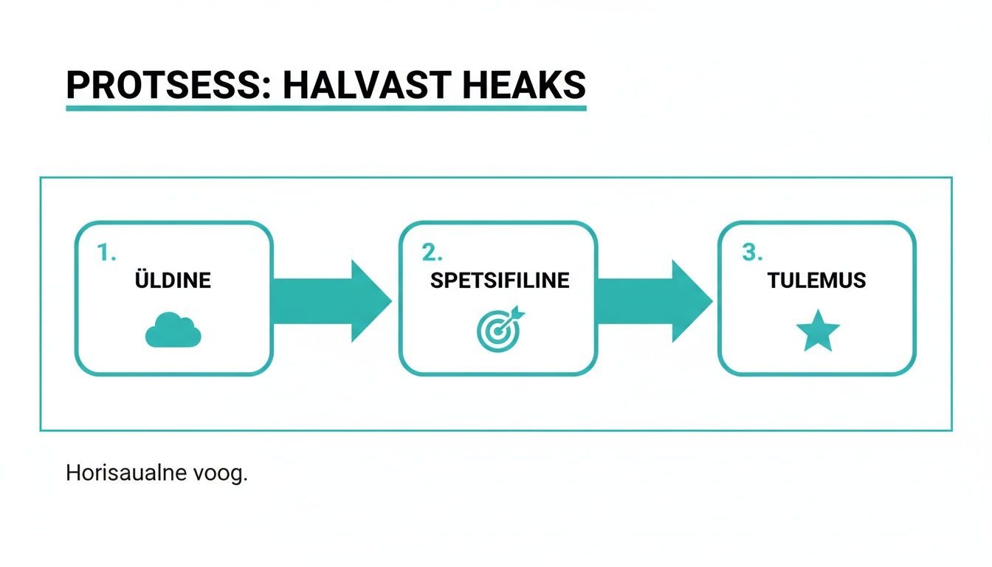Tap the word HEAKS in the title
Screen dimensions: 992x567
tap(523, 84)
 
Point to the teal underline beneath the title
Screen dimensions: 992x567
tap(326, 108)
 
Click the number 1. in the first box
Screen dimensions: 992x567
tap(106, 253)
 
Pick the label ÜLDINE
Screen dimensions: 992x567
tap(173, 280)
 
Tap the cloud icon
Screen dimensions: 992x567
tap(173, 329)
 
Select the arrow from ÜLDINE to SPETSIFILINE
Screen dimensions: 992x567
tap(331, 301)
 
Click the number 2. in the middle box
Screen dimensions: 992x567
tap(432, 253)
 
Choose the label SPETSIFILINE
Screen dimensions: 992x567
tap(500, 281)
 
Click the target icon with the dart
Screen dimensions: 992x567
tap(500, 329)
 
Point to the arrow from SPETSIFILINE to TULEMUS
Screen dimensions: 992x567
tap(655, 301)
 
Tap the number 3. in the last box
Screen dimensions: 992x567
tap(752, 253)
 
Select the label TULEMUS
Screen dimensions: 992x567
tap(816, 281)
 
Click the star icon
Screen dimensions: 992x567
tap(818, 331)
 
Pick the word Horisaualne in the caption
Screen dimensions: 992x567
tap(126, 472)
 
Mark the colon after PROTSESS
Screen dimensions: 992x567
tap(265, 88)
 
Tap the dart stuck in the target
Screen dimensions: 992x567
tap(512, 318)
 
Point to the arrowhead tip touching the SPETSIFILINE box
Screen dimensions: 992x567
tap(392, 301)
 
